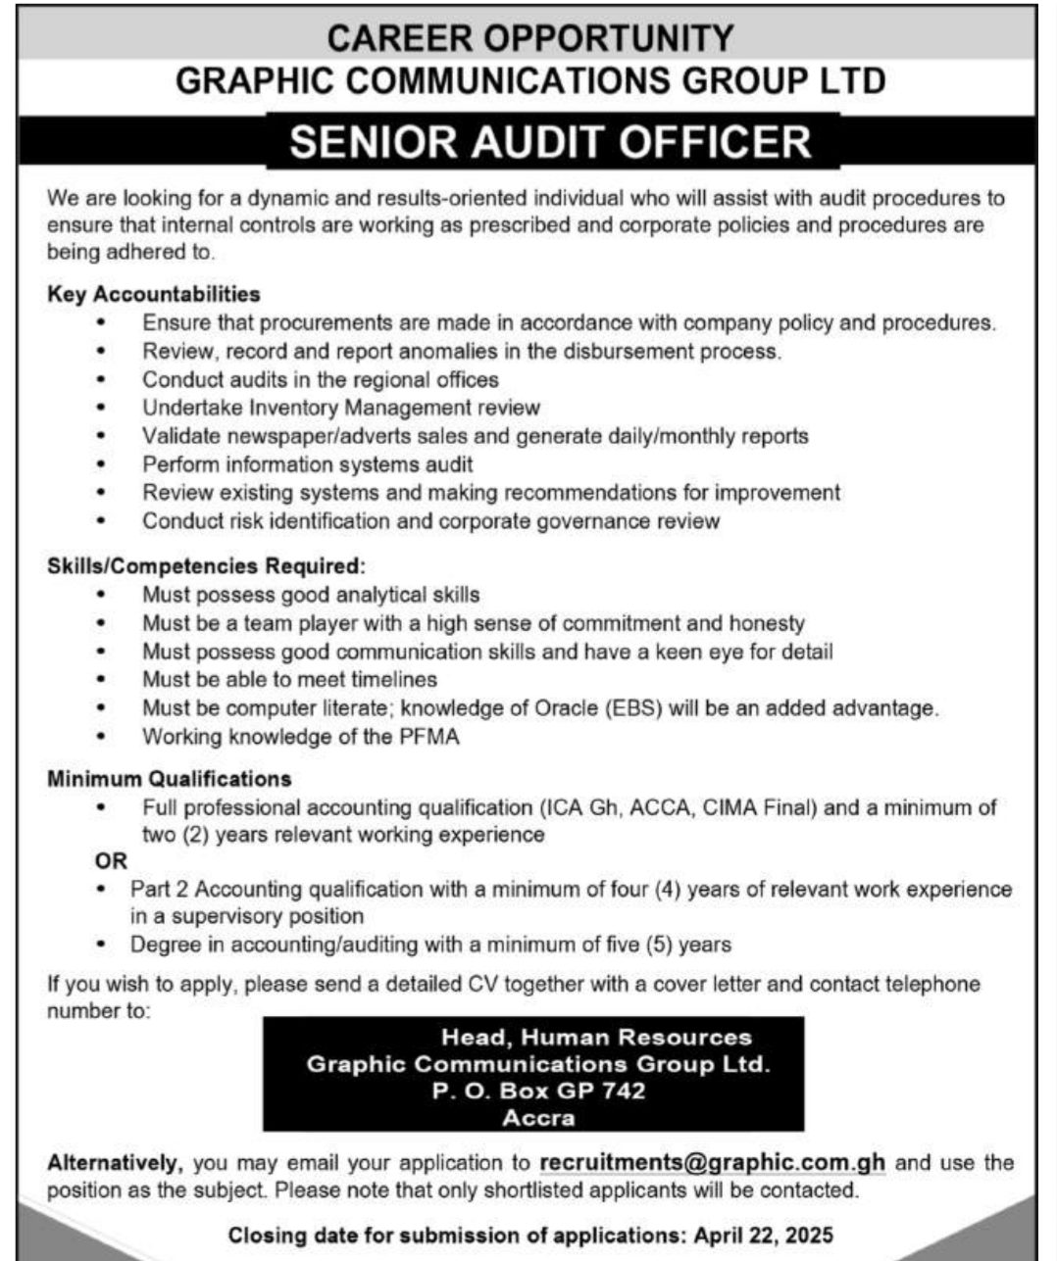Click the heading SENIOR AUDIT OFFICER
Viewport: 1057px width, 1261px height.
(x=550, y=141)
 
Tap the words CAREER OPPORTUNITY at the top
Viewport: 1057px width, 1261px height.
(x=529, y=38)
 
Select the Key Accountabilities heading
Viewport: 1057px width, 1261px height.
(x=154, y=294)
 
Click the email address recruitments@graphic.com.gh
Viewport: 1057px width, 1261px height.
(x=712, y=1163)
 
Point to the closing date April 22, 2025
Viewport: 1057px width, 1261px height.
(x=763, y=1235)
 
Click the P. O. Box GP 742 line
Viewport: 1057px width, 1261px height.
(x=538, y=1091)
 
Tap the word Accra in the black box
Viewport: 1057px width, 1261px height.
(x=538, y=1118)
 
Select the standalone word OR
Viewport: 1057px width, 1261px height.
(x=111, y=861)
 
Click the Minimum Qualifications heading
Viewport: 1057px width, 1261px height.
(x=170, y=779)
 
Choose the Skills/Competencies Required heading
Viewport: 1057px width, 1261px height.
(x=206, y=566)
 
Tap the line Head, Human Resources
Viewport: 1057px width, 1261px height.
(x=596, y=1037)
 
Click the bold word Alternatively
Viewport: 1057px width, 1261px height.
(x=115, y=1163)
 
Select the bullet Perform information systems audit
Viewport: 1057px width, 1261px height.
(x=308, y=464)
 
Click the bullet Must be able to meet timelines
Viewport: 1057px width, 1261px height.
(x=290, y=679)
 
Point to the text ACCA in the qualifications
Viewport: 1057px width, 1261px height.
(x=661, y=807)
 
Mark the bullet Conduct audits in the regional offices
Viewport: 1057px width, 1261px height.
(x=321, y=379)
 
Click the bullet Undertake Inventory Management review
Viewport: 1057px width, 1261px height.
(x=341, y=408)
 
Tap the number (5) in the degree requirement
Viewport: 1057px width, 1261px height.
(x=657, y=946)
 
